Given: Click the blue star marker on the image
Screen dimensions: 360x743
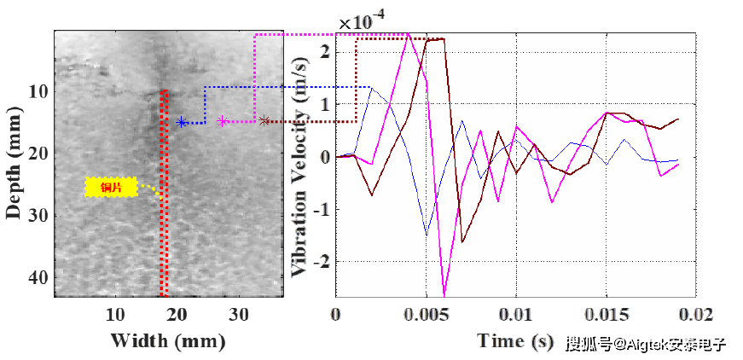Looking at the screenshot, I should pyautogui.click(x=182, y=122).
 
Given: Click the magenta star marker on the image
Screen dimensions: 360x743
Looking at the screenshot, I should pyautogui.click(x=223, y=121).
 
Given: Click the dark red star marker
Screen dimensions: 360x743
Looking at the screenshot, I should pyautogui.click(x=264, y=121).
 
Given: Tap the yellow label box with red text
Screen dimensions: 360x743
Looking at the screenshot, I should pyautogui.click(x=111, y=187).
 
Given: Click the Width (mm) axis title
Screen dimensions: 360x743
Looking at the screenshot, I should pyautogui.click(x=168, y=341).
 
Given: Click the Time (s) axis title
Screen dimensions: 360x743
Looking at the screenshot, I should pyautogui.click(x=515, y=341).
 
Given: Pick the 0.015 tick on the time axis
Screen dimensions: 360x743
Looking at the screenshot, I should pyautogui.click(x=607, y=314).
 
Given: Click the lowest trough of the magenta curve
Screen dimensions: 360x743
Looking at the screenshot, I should pyautogui.click(x=444, y=293).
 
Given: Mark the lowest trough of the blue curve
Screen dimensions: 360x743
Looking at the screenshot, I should pyautogui.click(x=426, y=234).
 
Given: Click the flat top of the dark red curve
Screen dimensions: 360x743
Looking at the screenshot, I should pyautogui.click(x=435, y=39).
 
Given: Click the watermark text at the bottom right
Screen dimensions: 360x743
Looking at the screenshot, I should pyautogui.click(x=646, y=345).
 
